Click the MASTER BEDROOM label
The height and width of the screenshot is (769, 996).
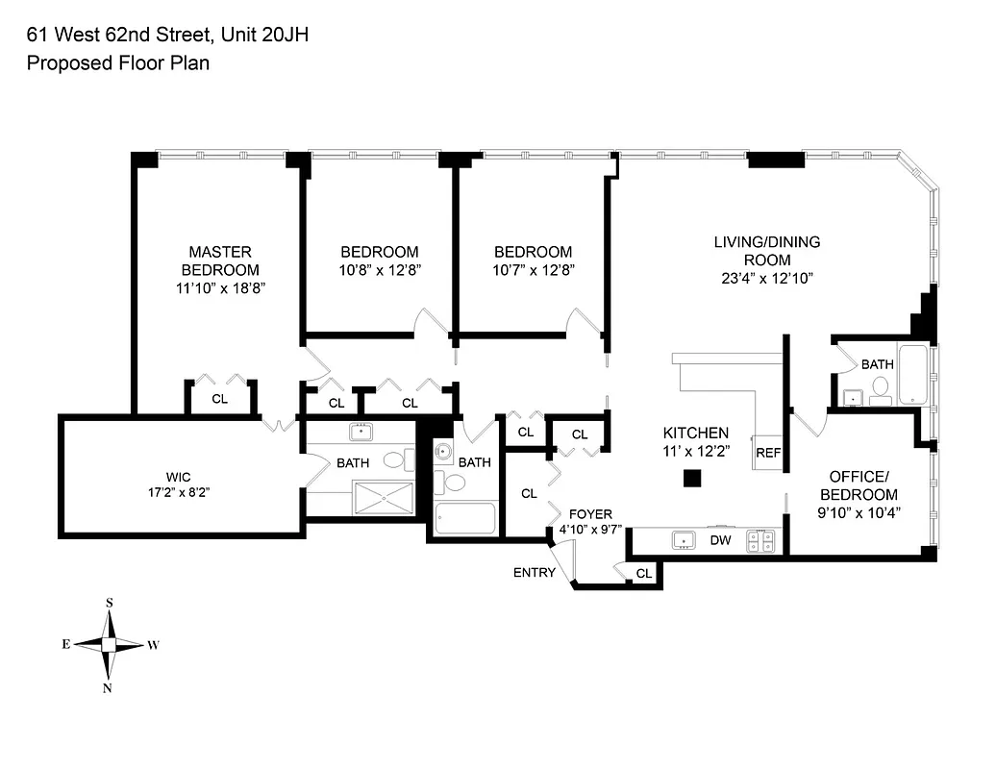coord(221,260)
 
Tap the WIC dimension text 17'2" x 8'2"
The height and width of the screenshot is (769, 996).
coord(172,492)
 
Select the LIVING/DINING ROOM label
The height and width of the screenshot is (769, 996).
coord(766,251)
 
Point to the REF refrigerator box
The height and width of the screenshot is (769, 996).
coord(767,453)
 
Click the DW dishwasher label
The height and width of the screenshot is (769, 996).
coord(720,541)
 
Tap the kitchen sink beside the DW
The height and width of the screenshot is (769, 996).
coord(685,540)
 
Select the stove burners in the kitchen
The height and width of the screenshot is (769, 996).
coord(767,540)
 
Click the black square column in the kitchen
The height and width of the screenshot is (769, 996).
coord(690,478)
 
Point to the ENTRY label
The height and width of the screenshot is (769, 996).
coord(534,573)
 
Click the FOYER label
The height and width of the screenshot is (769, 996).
coord(589,514)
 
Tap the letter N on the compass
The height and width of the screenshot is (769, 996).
coord(109,687)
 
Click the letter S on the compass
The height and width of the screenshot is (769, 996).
coord(109,603)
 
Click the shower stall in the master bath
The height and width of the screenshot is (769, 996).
coord(383,499)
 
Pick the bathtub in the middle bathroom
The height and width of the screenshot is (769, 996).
coord(465,518)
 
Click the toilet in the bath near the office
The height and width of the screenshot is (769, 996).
coord(880,388)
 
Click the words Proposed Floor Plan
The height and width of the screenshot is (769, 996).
coord(117,63)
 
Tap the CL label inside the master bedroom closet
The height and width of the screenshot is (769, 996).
coord(219,399)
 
